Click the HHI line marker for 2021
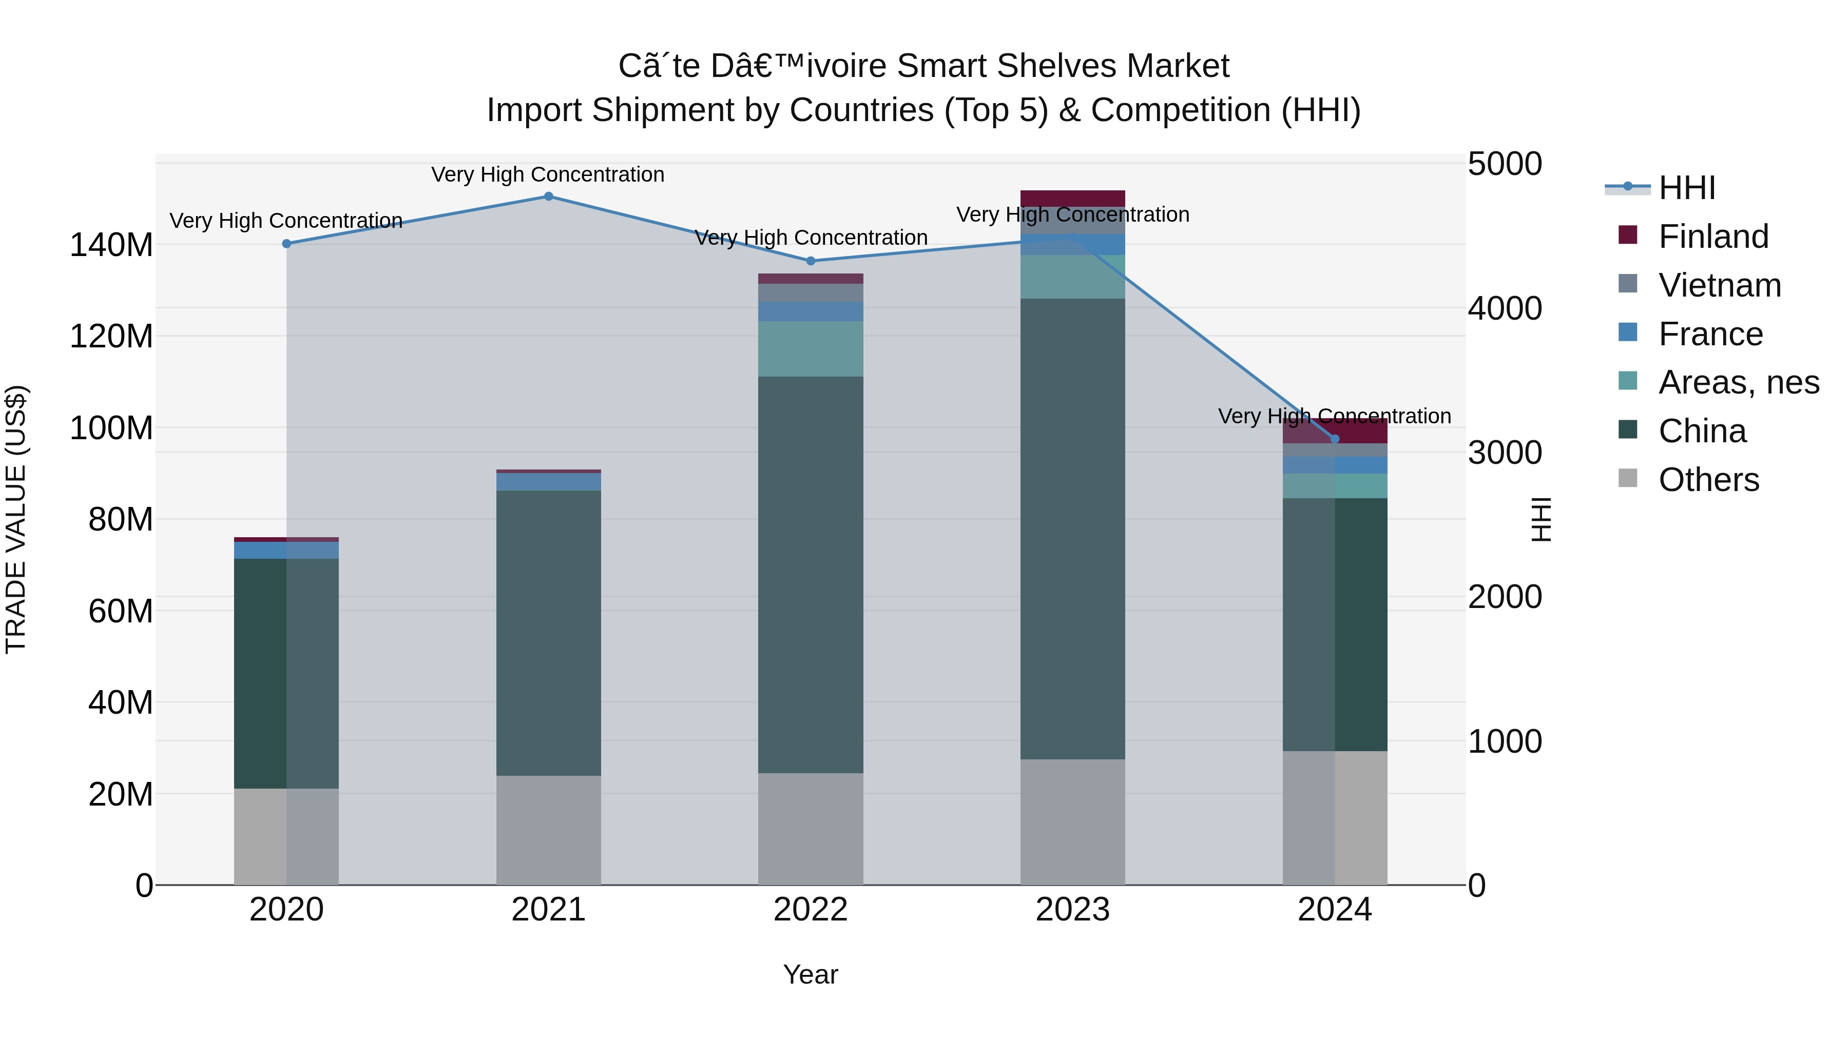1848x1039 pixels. [x=548, y=196]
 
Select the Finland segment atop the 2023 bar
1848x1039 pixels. [x=1072, y=199]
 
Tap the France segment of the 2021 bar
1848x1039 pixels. [x=548, y=481]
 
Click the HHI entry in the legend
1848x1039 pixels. [x=1686, y=188]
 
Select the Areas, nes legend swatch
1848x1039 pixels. [x=1628, y=381]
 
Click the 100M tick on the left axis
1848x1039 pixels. [x=111, y=428]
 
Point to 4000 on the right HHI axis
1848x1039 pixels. [x=1505, y=308]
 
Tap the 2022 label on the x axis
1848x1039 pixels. [x=811, y=910]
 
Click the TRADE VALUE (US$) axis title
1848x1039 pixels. [x=16, y=519]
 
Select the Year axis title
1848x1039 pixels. [x=811, y=974]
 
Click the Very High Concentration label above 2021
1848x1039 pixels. [x=548, y=174]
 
